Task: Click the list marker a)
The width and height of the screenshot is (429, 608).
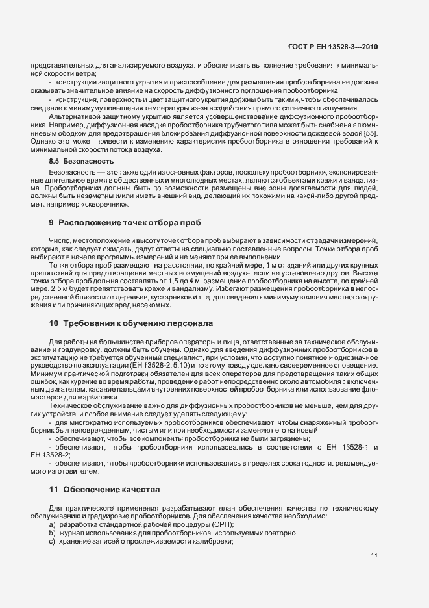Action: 52,524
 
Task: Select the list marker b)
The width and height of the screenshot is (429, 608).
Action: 52,533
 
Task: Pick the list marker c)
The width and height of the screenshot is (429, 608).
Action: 52,542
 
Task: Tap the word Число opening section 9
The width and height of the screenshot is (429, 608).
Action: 59,241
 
